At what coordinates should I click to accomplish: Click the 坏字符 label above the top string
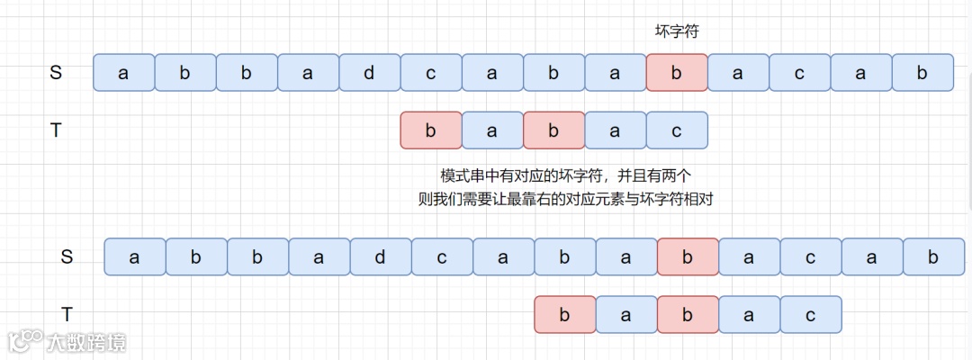[x=677, y=31]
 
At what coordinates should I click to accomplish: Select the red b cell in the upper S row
[x=677, y=73]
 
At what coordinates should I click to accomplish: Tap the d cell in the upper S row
[x=369, y=73]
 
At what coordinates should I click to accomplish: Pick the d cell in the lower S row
[x=380, y=257]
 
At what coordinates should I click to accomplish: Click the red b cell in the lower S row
[x=688, y=257]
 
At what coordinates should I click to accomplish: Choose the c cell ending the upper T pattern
[x=677, y=130]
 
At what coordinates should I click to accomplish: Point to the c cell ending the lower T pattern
[x=810, y=314]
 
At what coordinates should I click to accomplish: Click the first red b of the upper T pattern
[x=430, y=130]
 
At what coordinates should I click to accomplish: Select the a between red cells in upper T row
[x=492, y=130]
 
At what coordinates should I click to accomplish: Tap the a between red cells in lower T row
[x=626, y=314]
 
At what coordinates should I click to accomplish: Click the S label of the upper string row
[x=56, y=73]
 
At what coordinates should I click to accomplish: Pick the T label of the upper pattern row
[x=56, y=130]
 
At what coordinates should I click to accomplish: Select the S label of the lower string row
[x=67, y=257]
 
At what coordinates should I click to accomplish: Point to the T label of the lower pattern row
[x=67, y=314]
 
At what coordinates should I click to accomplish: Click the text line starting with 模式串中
[x=565, y=175]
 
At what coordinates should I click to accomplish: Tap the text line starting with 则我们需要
[x=565, y=199]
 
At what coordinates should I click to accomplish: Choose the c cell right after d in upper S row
[x=430, y=73]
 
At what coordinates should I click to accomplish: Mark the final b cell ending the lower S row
[x=933, y=257]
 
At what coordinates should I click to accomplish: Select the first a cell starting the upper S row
[x=123, y=73]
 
